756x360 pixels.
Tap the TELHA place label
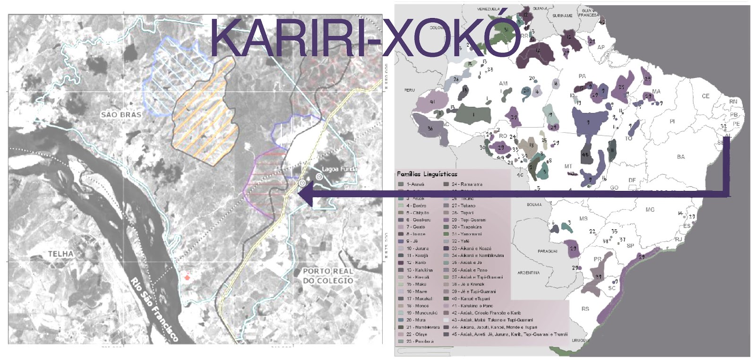click(x=60, y=254)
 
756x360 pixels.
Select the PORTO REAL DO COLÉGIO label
click(x=328, y=276)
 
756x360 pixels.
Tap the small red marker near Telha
click(x=188, y=277)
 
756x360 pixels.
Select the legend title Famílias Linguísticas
click(x=427, y=174)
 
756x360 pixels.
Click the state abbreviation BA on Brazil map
click(x=680, y=157)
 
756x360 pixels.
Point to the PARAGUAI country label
click(x=547, y=251)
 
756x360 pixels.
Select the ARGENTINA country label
click(x=528, y=273)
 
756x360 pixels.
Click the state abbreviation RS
click(x=585, y=309)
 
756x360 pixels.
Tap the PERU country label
click(x=409, y=90)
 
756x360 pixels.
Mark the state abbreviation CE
click(x=705, y=96)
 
